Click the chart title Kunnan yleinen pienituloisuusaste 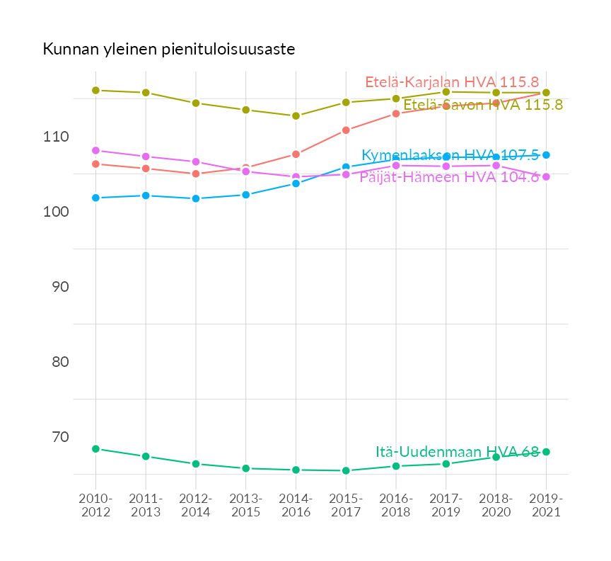168,50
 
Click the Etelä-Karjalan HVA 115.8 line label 452,81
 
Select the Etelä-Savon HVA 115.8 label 483,105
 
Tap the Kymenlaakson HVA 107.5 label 450,155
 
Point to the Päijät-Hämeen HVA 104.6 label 449,176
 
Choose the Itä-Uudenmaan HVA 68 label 457,452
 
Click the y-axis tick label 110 57,137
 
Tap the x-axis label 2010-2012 95,506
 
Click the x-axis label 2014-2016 296,506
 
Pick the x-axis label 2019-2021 546,506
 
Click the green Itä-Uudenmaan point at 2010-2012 95,448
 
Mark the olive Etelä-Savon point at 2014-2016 296,115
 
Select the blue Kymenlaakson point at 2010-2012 95,198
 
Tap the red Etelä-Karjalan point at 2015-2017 346,130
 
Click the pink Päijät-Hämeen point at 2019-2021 546,176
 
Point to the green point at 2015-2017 346,470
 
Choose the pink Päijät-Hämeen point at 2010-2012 95,150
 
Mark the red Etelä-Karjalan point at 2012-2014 196,174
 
